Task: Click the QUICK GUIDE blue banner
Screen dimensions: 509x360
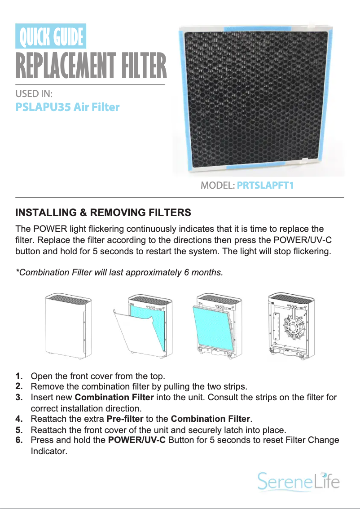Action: pos(51,36)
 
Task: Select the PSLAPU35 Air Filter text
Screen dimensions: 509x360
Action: pos(67,107)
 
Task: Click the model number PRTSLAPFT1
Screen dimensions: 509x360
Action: pos(265,185)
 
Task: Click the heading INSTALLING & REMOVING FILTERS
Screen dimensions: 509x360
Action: pos(103,212)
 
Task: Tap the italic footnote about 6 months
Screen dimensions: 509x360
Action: pos(119,272)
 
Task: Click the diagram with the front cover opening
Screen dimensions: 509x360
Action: pos(142,326)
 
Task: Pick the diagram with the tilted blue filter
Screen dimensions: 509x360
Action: pos(214,326)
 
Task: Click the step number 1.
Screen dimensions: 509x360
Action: pos(19,376)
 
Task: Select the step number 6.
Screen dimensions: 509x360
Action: pos(19,440)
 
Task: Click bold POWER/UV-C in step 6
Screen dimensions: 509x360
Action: pos(137,440)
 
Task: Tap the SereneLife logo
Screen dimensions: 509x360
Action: pos(298,482)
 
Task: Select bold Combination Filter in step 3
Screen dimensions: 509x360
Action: pos(114,398)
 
